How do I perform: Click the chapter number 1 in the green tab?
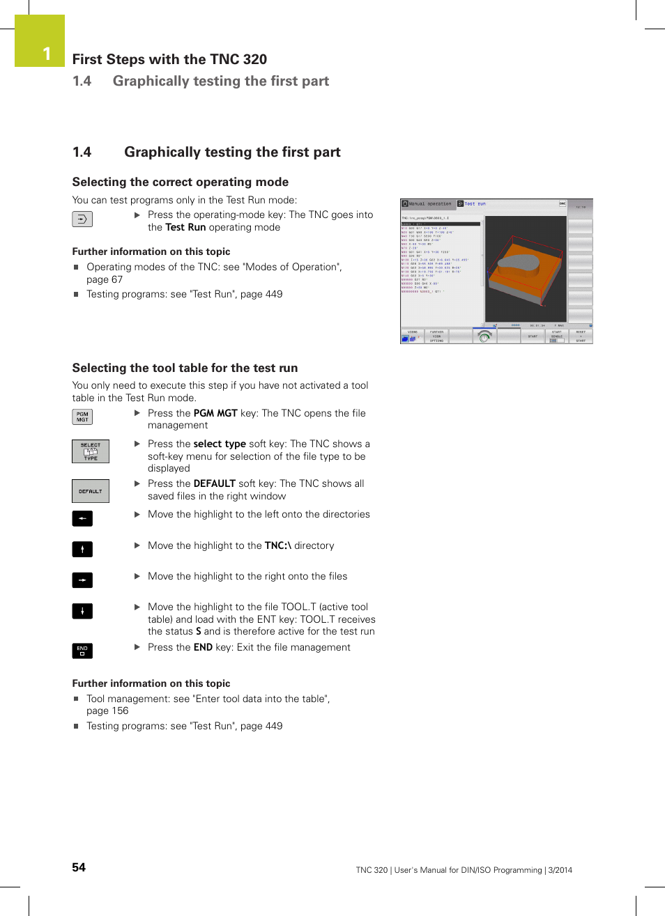47,54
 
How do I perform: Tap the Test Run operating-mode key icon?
82,219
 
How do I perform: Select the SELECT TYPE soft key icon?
91,451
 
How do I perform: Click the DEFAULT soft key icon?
91,491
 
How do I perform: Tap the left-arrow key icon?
82,518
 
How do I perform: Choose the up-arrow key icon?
82,550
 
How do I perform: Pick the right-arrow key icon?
82,580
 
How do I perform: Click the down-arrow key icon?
82,612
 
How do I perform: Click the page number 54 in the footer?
79,867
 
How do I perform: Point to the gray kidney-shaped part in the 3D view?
519,263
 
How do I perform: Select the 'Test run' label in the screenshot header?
475,204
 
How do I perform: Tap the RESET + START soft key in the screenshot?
581,336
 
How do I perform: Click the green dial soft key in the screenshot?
484,336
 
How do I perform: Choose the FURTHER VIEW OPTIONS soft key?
436,336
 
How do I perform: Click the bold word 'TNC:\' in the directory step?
277,545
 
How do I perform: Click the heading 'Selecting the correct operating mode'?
180,182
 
